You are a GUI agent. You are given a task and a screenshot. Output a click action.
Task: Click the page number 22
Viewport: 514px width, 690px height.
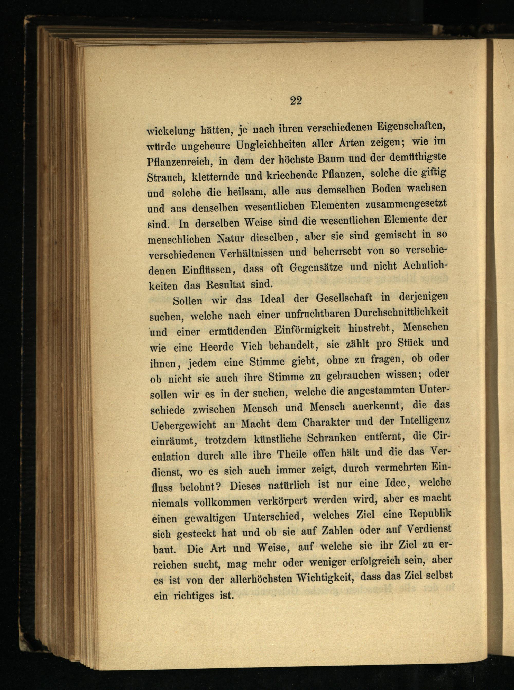pyautogui.click(x=296, y=101)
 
